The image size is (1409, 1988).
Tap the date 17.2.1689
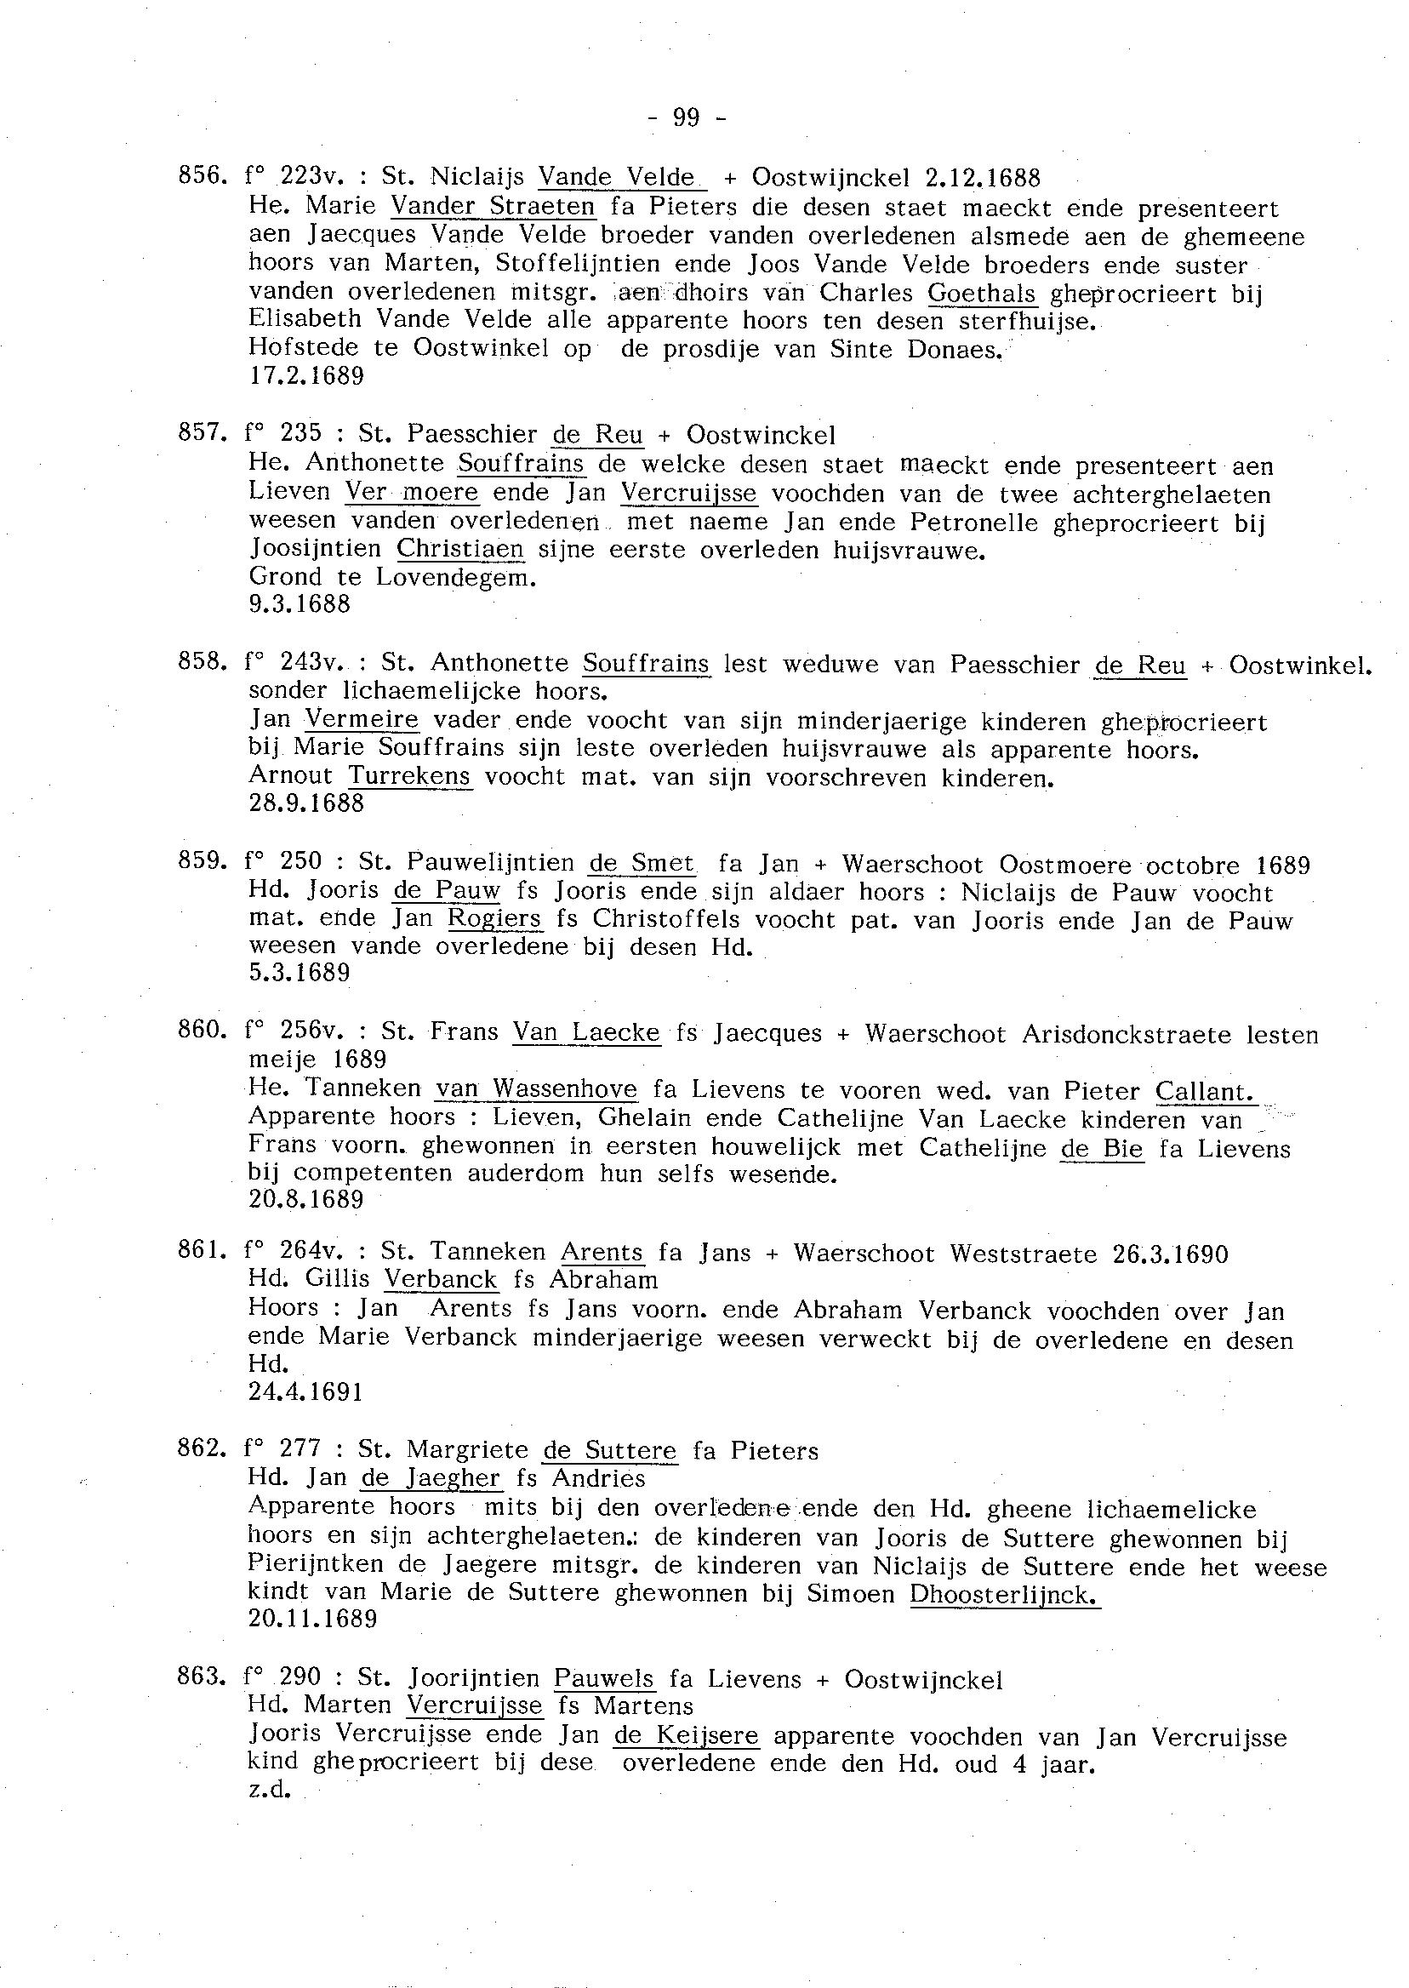coord(306,376)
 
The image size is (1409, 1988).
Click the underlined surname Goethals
coord(981,294)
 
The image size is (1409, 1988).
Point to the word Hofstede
coord(304,347)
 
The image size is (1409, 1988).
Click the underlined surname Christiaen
coord(459,549)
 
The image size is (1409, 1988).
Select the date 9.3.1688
coord(299,604)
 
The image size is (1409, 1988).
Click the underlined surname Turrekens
coord(409,776)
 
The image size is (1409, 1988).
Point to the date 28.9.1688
coord(306,803)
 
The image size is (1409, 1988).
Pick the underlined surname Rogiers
coord(494,919)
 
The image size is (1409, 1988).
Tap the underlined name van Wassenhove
coord(536,1089)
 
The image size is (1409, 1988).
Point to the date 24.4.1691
coord(305,1393)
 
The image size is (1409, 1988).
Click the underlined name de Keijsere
coord(686,1736)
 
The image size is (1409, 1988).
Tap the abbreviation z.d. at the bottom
coord(267,1791)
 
